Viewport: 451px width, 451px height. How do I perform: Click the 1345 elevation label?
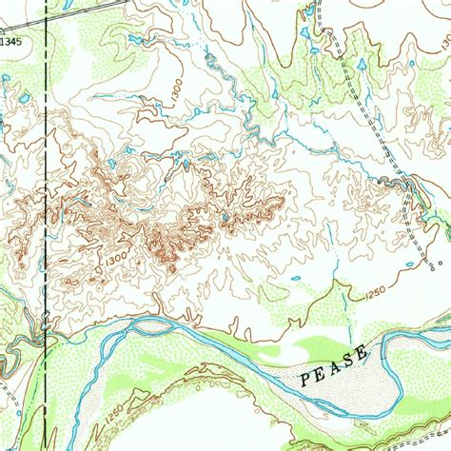(x=10, y=42)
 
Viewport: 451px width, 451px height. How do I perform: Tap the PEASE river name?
(x=333, y=366)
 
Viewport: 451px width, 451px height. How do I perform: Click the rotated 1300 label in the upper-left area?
(x=175, y=89)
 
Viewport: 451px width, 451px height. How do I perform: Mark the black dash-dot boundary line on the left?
(x=45, y=190)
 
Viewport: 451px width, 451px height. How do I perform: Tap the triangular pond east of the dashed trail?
(x=362, y=66)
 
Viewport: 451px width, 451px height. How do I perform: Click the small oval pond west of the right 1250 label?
(x=296, y=279)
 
